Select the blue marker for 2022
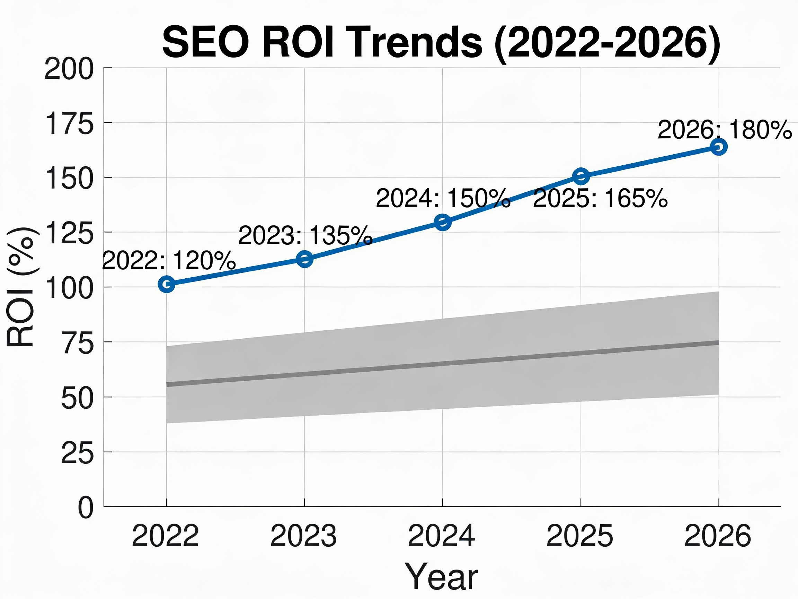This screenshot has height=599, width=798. (x=166, y=284)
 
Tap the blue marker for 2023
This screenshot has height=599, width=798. (x=304, y=259)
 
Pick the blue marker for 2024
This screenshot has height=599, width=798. (x=443, y=222)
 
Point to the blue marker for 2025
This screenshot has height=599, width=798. (x=581, y=176)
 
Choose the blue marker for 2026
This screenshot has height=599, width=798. (x=719, y=147)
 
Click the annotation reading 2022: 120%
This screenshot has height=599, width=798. (x=169, y=260)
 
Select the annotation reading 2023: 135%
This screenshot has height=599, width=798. (x=305, y=235)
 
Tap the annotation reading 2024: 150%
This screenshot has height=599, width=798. (x=443, y=198)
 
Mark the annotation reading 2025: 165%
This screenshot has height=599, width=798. (x=600, y=198)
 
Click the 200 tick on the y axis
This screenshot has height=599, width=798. (x=69, y=70)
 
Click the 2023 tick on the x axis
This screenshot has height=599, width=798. (x=303, y=536)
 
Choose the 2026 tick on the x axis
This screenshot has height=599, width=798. (x=718, y=536)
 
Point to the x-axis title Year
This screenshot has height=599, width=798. (x=442, y=576)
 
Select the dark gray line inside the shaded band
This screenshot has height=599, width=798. (x=443, y=363)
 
